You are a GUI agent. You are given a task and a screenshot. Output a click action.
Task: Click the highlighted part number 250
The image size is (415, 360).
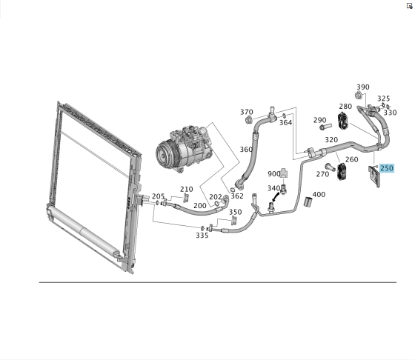(387, 168)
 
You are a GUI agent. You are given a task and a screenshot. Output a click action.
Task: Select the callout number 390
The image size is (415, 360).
(363, 87)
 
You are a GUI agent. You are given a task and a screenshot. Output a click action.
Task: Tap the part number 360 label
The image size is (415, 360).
(246, 150)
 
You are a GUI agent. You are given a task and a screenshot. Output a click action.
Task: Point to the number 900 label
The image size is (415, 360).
(274, 174)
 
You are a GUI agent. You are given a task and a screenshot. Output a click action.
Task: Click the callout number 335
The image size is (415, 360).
(202, 235)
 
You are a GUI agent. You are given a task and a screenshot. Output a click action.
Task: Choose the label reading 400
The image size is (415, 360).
(319, 194)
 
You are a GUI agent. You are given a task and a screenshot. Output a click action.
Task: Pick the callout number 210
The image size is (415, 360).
(187, 189)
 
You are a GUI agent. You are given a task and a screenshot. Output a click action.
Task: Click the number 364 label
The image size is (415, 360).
(285, 122)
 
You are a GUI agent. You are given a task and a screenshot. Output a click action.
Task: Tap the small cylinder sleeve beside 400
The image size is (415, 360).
(308, 201)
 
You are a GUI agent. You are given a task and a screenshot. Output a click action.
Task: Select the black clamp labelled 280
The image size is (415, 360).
(344, 121)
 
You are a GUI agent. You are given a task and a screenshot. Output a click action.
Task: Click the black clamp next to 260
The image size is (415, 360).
(342, 172)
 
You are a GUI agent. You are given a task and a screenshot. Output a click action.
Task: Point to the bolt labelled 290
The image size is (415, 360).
(326, 127)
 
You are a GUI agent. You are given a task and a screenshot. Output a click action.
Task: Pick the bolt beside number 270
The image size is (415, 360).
(330, 167)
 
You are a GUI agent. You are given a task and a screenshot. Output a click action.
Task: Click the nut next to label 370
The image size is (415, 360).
(249, 120)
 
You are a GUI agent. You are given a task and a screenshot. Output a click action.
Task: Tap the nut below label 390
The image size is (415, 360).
(359, 96)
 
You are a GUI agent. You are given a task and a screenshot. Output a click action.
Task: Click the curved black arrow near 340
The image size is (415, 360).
(276, 197)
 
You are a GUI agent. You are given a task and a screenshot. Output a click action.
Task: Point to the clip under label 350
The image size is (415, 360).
(234, 221)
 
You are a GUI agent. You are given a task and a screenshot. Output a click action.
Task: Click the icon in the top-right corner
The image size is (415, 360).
(409, 6)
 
